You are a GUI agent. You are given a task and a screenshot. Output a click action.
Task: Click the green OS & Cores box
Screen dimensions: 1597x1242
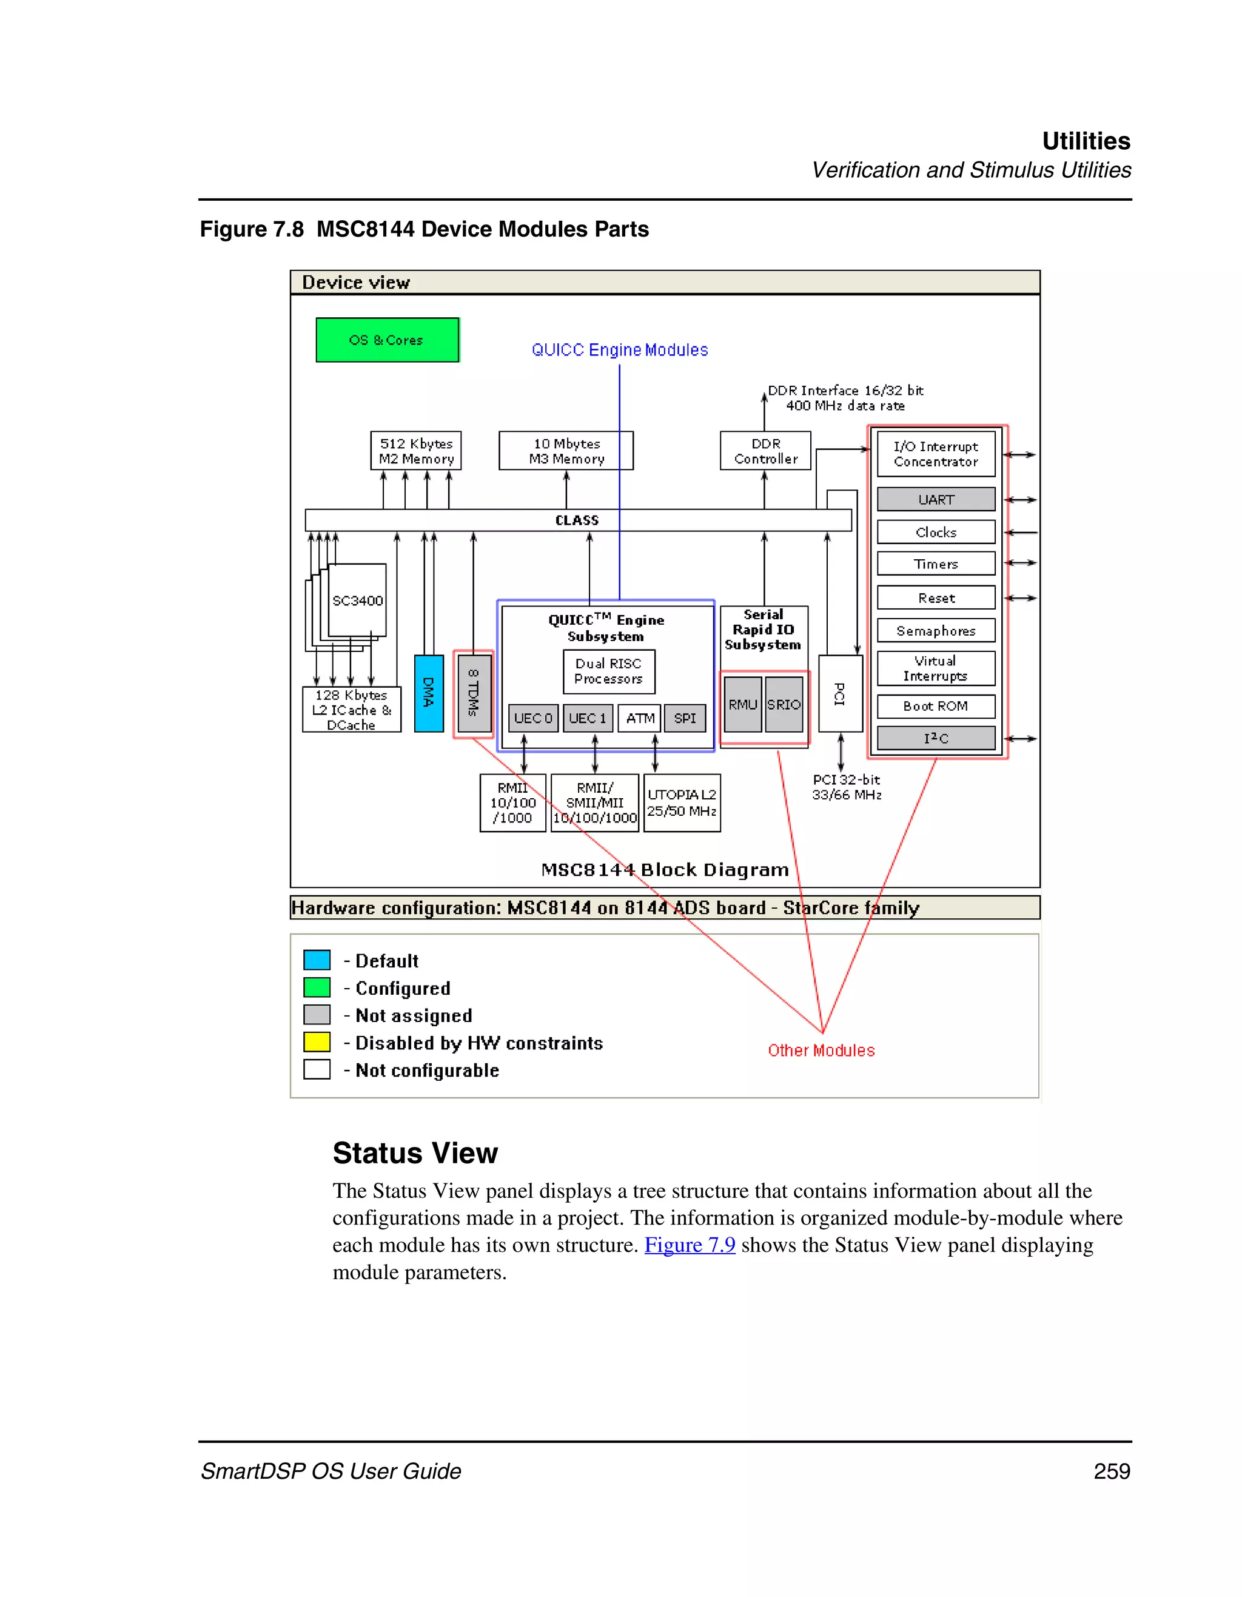387,340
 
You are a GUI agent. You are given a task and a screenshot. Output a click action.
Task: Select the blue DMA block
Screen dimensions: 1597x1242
428,693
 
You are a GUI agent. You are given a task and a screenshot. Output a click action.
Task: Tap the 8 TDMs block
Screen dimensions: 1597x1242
473,693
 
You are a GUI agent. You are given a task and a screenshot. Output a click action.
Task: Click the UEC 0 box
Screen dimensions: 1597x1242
533,718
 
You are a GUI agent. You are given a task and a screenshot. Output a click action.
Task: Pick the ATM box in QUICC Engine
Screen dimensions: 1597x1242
640,718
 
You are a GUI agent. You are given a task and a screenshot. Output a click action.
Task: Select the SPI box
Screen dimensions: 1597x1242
685,718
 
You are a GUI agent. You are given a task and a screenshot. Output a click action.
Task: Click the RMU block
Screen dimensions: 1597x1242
743,704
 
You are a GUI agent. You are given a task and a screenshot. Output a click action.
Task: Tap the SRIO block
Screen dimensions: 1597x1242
784,704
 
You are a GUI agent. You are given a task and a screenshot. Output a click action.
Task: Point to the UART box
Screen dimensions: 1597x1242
936,499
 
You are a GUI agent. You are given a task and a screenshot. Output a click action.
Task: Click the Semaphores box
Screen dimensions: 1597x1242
936,630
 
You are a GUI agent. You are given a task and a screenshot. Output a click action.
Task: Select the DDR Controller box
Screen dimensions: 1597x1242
765,451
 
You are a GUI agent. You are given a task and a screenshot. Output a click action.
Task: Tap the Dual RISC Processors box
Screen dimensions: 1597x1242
608,671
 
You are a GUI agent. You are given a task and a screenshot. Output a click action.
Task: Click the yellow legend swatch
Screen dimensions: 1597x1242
317,1042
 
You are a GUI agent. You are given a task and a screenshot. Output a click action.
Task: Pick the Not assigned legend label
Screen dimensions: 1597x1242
414,1016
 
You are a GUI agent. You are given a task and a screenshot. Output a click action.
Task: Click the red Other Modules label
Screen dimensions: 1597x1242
821,1051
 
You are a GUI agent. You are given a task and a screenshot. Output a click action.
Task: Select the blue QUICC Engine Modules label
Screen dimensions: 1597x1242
619,350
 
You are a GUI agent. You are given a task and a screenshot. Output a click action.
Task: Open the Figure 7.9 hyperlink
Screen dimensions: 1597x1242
690,1245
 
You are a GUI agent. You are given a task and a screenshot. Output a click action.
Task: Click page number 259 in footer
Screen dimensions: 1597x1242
1111,1471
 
